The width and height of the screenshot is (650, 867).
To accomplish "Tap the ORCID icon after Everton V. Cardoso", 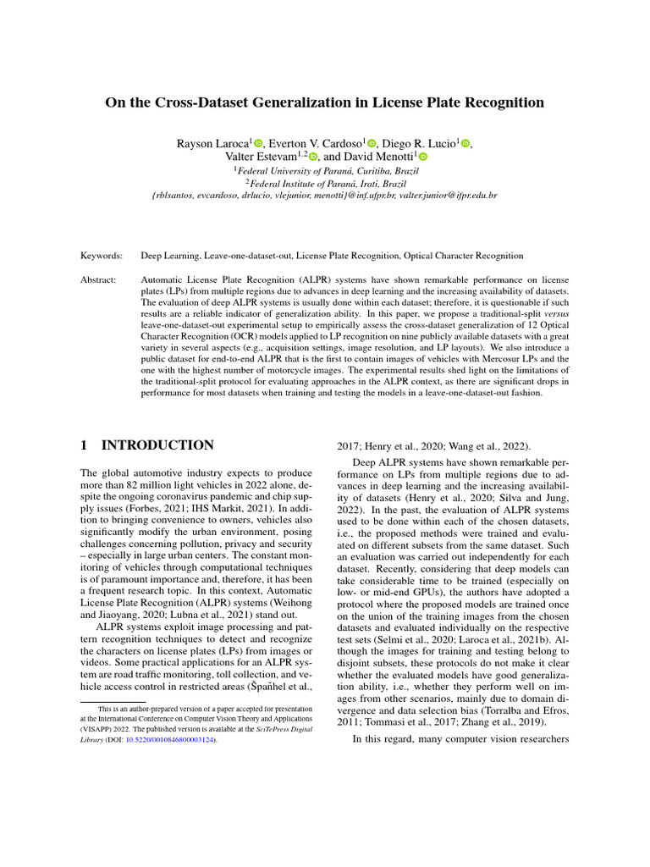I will coord(371,144).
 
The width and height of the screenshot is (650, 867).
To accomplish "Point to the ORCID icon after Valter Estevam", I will coord(313,157).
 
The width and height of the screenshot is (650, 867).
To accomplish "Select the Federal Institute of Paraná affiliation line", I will coord(325,182).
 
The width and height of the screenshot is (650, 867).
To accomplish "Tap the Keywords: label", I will coord(102,255).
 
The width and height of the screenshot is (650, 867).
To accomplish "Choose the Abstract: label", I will coord(100,279).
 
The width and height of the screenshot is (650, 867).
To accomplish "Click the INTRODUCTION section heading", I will coord(158,445).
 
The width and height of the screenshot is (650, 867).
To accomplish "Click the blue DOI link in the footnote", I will coord(176,739).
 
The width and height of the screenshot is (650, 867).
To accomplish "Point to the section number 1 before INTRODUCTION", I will coord(85,445).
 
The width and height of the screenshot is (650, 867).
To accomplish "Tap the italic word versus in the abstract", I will coord(555,312).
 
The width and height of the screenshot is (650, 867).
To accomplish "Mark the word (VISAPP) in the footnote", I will coord(99,727).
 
